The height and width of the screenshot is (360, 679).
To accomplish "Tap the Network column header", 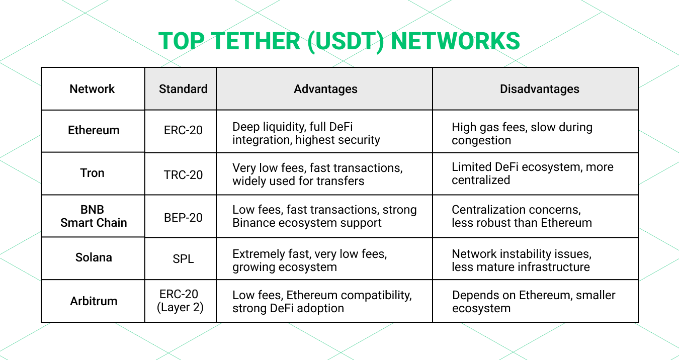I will (x=92, y=89).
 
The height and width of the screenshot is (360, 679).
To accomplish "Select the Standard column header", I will (x=183, y=89).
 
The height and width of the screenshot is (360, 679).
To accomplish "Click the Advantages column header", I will (x=325, y=89).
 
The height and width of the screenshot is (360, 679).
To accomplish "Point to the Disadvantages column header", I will (x=539, y=89).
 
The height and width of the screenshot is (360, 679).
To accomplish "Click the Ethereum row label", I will (x=94, y=130).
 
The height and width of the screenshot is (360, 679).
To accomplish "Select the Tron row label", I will (x=92, y=173).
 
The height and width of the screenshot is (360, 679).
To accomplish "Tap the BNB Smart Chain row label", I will (x=94, y=216).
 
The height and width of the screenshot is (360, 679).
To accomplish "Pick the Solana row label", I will (x=94, y=257).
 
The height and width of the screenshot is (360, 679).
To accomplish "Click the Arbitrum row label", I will (x=94, y=301).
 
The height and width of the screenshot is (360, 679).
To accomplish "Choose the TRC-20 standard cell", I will (x=183, y=175).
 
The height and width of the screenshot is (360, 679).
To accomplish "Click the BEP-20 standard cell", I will (x=183, y=218).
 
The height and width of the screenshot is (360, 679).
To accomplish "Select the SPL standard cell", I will (x=183, y=259).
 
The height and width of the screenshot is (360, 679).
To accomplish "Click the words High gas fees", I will (x=485, y=127).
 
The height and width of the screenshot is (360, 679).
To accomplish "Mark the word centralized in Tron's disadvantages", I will (x=481, y=180).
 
